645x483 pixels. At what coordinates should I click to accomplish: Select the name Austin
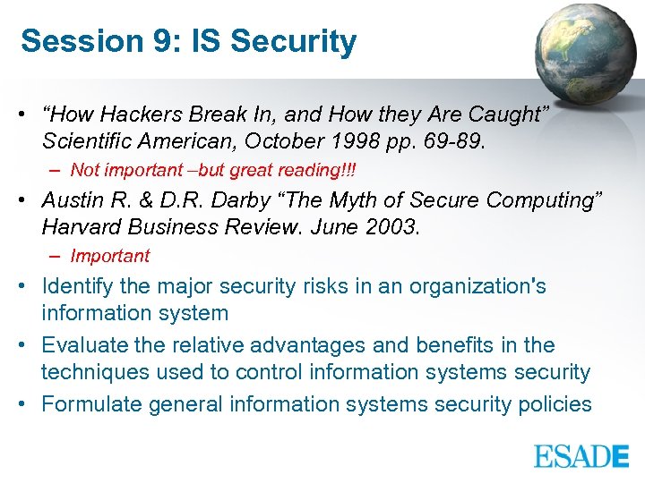(x=73, y=200)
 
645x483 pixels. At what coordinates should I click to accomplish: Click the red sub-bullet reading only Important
(x=109, y=256)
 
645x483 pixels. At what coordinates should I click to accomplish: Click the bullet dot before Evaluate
(x=28, y=345)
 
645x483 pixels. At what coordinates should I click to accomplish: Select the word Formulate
(x=88, y=404)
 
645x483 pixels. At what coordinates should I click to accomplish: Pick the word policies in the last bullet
(x=555, y=404)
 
